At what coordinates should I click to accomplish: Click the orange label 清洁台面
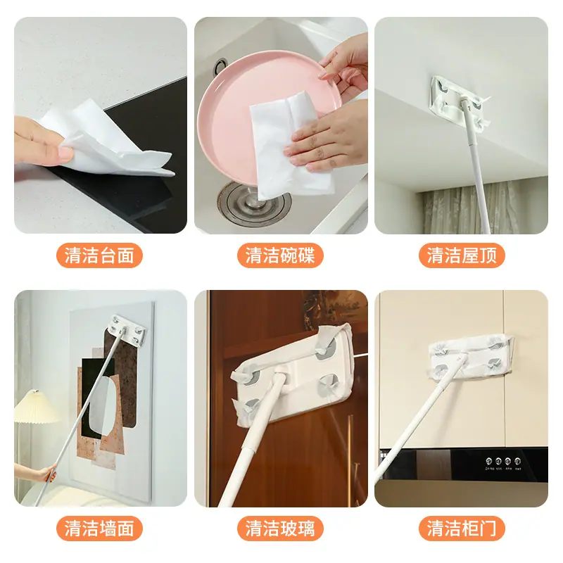pos(99,255)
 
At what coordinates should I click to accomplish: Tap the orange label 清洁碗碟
pos(280,255)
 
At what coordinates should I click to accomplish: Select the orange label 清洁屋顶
pos(462,255)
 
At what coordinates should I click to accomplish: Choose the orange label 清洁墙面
pos(99,529)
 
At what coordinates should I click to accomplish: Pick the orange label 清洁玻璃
pos(280,529)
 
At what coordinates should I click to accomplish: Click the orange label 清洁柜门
pos(462,529)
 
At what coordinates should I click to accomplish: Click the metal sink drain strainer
pos(251,204)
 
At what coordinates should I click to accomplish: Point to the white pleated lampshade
pos(35,407)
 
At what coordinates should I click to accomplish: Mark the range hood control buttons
pos(502,461)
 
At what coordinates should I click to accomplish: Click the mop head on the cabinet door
pos(470,355)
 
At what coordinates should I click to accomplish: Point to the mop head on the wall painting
pos(127,329)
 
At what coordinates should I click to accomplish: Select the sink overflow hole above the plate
pos(220,66)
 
